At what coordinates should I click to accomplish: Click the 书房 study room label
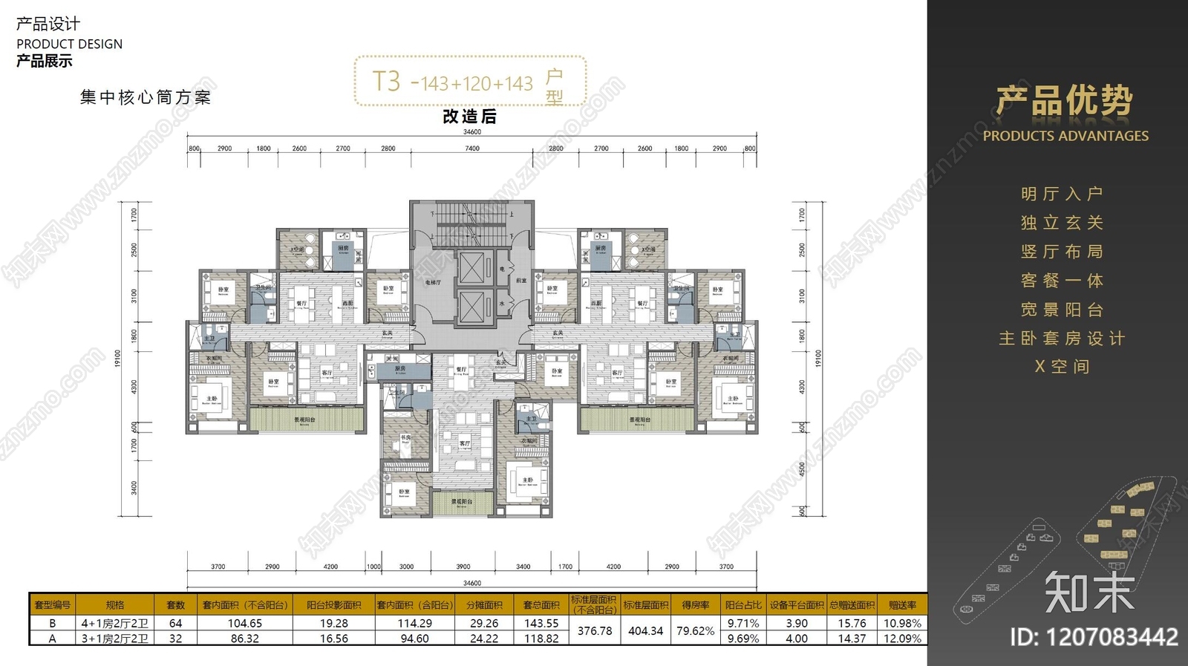pyautogui.click(x=405, y=438)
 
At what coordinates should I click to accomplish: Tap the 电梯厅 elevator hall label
pyautogui.click(x=432, y=283)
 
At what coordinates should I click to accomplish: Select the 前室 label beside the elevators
pyautogui.click(x=521, y=281)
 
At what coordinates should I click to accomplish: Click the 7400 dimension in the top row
pyautogui.click(x=472, y=148)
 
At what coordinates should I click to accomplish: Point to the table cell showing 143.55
pyautogui.click(x=541, y=624)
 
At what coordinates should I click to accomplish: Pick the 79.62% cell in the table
pyautogui.click(x=695, y=631)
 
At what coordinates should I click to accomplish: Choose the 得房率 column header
pyautogui.click(x=695, y=605)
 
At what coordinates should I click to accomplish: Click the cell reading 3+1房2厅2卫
pyautogui.click(x=114, y=639)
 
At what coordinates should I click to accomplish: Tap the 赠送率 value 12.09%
pyautogui.click(x=902, y=639)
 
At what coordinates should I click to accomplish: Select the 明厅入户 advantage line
pyautogui.click(x=1062, y=195)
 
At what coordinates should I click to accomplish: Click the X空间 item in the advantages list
pyautogui.click(x=1062, y=367)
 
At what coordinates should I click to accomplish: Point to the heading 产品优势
pyautogui.click(x=1064, y=100)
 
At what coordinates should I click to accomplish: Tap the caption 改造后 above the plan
pyautogui.click(x=469, y=117)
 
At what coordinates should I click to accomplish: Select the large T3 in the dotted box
pyautogui.click(x=386, y=81)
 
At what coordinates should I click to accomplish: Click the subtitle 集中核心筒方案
pyautogui.click(x=146, y=97)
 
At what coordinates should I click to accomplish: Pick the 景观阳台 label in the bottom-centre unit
pyautogui.click(x=461, y=502)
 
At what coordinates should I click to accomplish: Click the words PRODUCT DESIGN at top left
pyautogui.click(x=69, y=44)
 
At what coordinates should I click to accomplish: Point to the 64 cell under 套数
pyautogui.click(x=175, y=624)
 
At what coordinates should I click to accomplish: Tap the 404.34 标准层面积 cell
pyautogui.click(x=645, y=631)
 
